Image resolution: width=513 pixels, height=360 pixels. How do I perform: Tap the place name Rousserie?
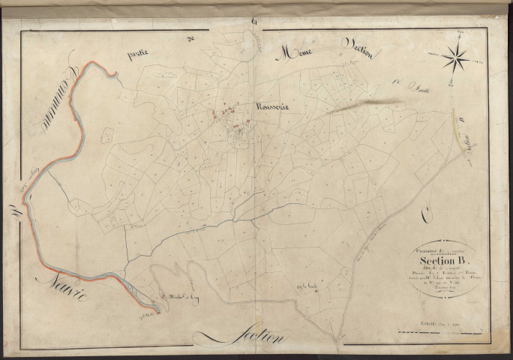point(261,107)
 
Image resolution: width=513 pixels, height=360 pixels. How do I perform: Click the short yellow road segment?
point(457,127)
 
